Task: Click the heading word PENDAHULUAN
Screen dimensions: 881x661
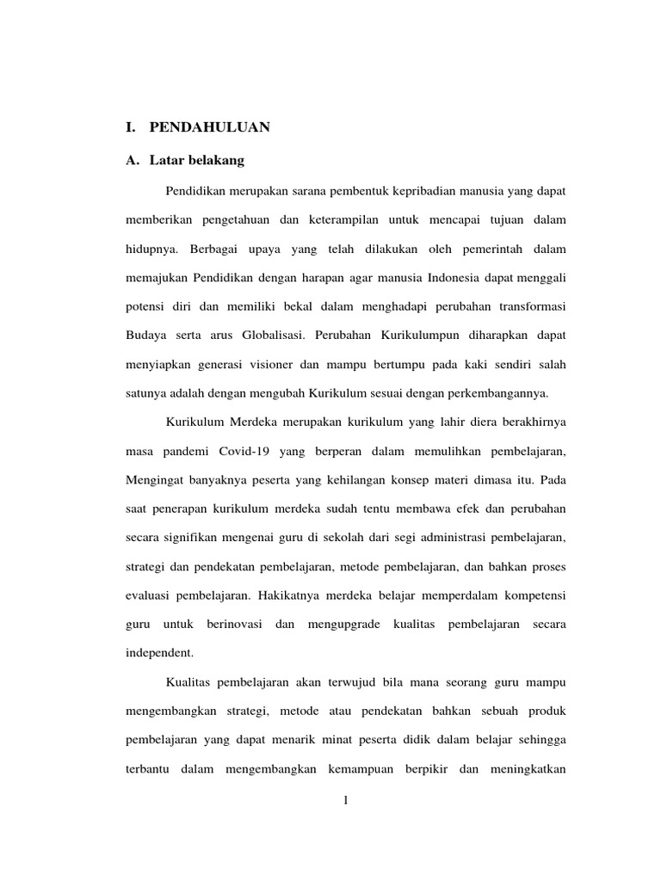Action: pyautogui.click(x=210, y=127)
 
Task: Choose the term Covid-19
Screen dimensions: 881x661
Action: pyautogui.click(x=244, y=451)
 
